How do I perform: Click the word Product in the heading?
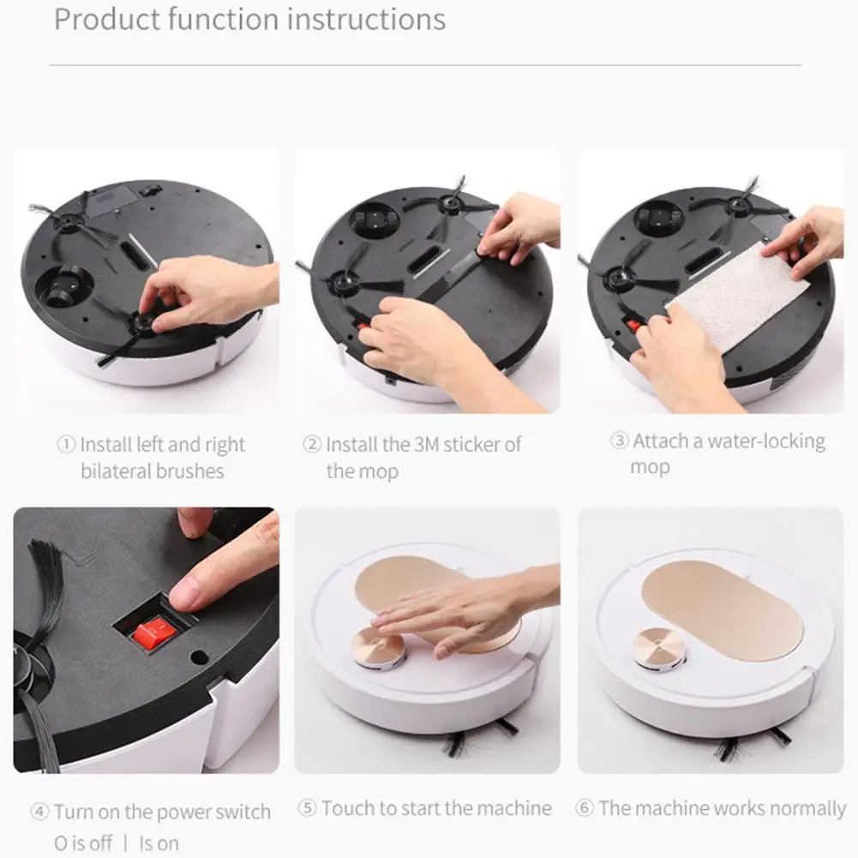pyautogui.click(x=105, y=19)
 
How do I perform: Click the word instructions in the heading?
pyautogui.click(x=366, y=19)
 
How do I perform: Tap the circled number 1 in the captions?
pyautogui.click(x=66, y=445)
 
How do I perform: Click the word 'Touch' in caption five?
pyautogui.click(x=348, y=808)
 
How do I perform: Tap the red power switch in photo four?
pyautogui.click(x=155, y=633)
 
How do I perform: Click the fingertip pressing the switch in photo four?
pyautogui.click(x=189, y=591)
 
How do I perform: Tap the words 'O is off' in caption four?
pyautogui.click(x=83, y=843)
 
